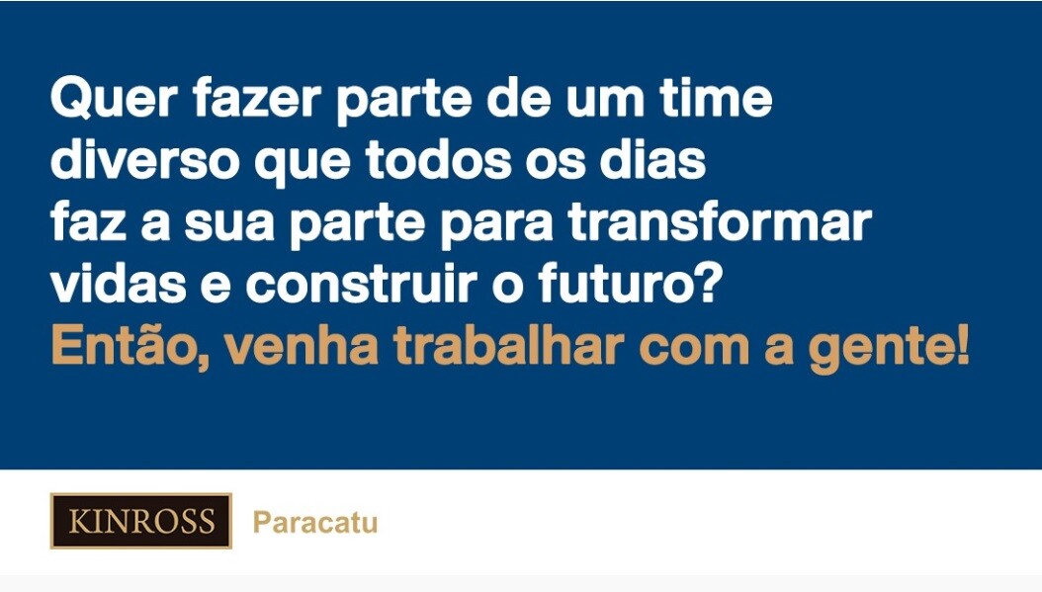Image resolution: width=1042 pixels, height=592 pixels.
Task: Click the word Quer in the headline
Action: click(114, 99)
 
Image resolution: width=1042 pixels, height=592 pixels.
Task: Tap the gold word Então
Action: click(130, 345)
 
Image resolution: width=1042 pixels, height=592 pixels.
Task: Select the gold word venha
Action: click(302, 346)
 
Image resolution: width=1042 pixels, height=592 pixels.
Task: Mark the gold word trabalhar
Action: click(509, 346)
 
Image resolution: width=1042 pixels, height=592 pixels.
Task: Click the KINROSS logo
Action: click(141, 521)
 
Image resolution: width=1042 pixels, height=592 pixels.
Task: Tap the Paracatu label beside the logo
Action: click(315, 522)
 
